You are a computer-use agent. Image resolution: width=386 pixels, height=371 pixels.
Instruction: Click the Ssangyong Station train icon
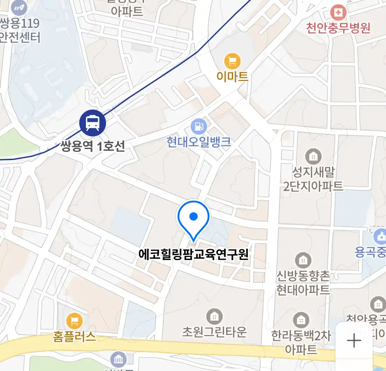(x=93, y=123)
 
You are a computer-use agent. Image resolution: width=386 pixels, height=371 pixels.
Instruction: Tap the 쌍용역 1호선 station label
(x=93, y=146)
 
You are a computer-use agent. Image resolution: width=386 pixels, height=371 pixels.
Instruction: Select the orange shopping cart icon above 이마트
(x=232, y=61)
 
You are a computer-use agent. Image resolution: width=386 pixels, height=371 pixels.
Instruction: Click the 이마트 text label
(x=232, y=76)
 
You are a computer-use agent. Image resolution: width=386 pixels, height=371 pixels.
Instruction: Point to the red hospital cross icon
(x=338, y=13)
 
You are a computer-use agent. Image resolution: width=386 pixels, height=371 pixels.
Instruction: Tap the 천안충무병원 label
(x=338, y=27)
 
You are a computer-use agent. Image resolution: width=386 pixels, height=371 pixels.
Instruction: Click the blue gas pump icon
(x=199, y=127)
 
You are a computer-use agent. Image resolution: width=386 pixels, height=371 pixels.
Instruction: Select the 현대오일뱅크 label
(x=199, y=142)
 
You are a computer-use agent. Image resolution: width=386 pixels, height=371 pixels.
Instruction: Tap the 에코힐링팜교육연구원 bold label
(x=194, y=255)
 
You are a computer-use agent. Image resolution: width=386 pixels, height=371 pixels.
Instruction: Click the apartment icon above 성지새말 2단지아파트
(x=313, y=157)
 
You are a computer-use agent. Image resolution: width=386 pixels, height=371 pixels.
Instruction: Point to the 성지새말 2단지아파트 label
(x=313, y=179)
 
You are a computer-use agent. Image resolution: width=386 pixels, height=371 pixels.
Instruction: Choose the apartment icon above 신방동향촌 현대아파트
(x=303, y=260)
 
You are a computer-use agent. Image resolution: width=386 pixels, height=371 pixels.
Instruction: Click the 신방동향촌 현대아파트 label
(x=303, y=283)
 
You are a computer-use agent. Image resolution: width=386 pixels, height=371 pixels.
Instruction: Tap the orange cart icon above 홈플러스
(x=74, y=322)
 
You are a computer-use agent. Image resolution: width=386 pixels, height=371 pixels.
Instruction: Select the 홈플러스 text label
(x=74, y=336)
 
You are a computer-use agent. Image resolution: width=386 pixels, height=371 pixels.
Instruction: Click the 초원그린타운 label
(x=214, y=331)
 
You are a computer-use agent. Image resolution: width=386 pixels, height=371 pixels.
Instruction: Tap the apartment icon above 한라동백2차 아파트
(x=301, y=321)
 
